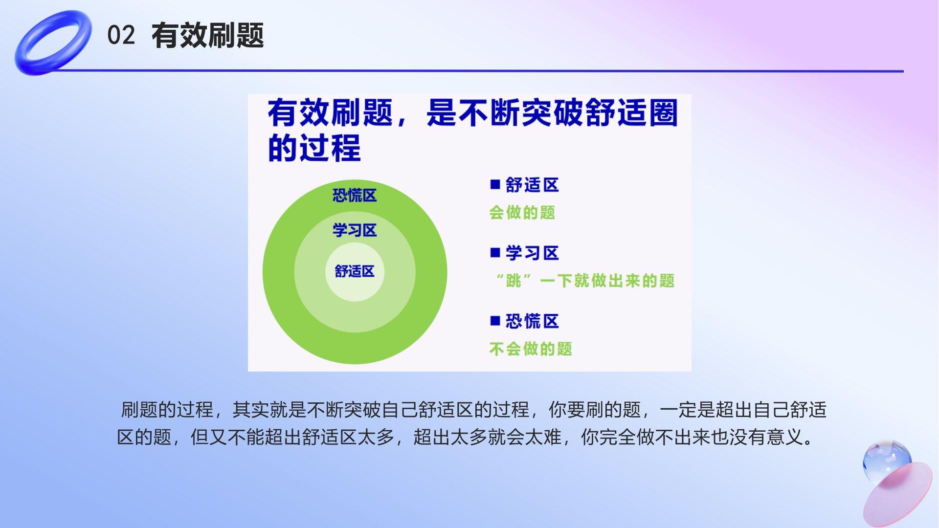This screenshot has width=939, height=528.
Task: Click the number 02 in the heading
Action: click(121, 36)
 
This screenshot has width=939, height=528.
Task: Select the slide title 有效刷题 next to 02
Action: click(207, 36)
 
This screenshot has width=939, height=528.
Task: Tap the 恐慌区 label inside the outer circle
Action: click(355, 196)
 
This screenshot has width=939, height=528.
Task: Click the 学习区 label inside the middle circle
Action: click(355, 230)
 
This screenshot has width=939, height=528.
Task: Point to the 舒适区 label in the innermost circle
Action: click(355, 271)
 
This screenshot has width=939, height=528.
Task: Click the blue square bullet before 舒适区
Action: click(495, 184)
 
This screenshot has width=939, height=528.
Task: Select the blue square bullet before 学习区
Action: click(495, 252)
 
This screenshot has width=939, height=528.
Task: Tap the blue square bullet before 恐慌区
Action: click(495, 321)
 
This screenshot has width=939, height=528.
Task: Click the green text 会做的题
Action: click(522, 212)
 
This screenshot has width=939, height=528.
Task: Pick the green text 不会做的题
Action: click(531, 349)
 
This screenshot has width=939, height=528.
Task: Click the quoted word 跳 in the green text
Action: click(514, 281)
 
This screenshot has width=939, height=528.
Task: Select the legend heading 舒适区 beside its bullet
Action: click(532, 185)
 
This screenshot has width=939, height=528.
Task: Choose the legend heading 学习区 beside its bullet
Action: click(532, 253)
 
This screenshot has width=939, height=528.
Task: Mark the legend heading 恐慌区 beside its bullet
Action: click(532, 321)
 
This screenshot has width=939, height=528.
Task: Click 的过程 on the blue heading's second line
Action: click(314, 147)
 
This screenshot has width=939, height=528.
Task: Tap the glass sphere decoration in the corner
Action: click(886, 462)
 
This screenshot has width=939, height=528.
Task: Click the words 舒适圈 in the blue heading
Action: click(631, 112)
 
